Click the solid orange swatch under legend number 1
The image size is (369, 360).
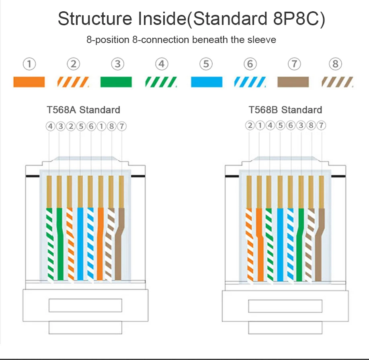point(29,82)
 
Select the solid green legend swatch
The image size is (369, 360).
point(116,82)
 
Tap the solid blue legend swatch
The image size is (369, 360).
point(206,82)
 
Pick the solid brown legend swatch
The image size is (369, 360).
point(293,82)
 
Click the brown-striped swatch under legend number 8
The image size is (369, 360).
point(337,82)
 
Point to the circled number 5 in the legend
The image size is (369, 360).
point(205,63)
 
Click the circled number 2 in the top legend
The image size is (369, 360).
point(73,63)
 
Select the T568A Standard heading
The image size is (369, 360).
point(83,110)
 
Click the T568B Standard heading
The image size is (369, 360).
point(285,110)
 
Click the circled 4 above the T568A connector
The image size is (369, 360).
point(50,126)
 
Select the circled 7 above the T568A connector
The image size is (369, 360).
point(122,126)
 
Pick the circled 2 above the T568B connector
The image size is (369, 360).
point(250,126)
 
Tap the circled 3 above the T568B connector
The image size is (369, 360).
point(301,126)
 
